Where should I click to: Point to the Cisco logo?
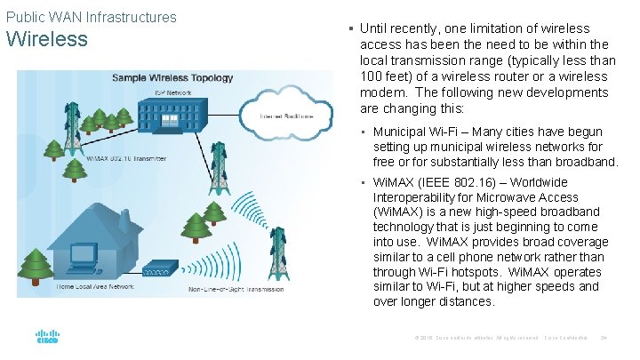(x=47, y=338)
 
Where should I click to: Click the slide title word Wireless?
(x=47, y=39)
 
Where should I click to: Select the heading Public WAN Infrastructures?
(x=92, y=17)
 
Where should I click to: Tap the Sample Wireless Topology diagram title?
(x=173, y=78)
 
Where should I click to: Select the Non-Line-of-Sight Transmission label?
(x=235, y=289)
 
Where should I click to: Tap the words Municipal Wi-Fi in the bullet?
(x=419, y=132)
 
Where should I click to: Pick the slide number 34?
(x=604, y=338)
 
